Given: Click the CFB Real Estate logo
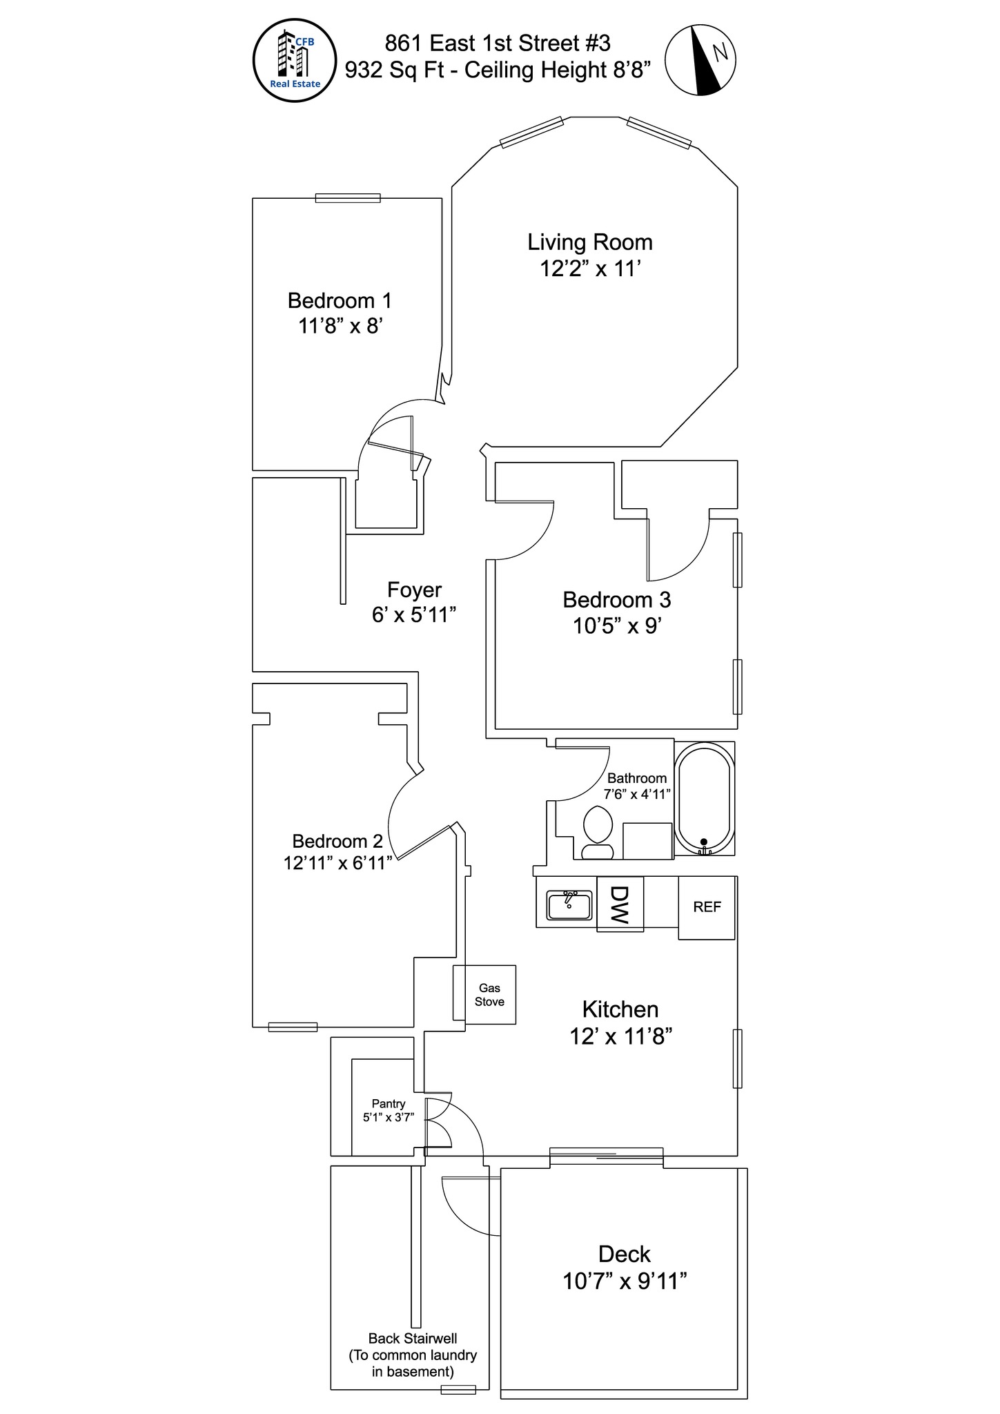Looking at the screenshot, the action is pos(295,61).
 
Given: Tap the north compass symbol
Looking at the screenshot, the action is pos(700,60).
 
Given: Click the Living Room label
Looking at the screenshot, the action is pos(590,242).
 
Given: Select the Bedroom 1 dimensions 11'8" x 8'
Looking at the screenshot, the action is pos(340,325).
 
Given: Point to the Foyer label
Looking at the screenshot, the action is pos(414,590).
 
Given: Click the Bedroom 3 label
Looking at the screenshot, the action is pos(617,599).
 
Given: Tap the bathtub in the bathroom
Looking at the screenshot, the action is pos(704,800).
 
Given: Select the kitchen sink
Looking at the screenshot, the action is pos(569,905).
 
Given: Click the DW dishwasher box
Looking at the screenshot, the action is pos(620,904).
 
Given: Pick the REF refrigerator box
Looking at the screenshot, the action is pos(707,907).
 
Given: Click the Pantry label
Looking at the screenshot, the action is pos(389,1104).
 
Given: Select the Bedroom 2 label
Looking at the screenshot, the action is pos(337,841).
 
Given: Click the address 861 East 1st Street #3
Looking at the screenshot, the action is pos(498,43).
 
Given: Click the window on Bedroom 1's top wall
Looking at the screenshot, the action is pos(348,198).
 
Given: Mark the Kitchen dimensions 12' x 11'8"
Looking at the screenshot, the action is pos(621,1036).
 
